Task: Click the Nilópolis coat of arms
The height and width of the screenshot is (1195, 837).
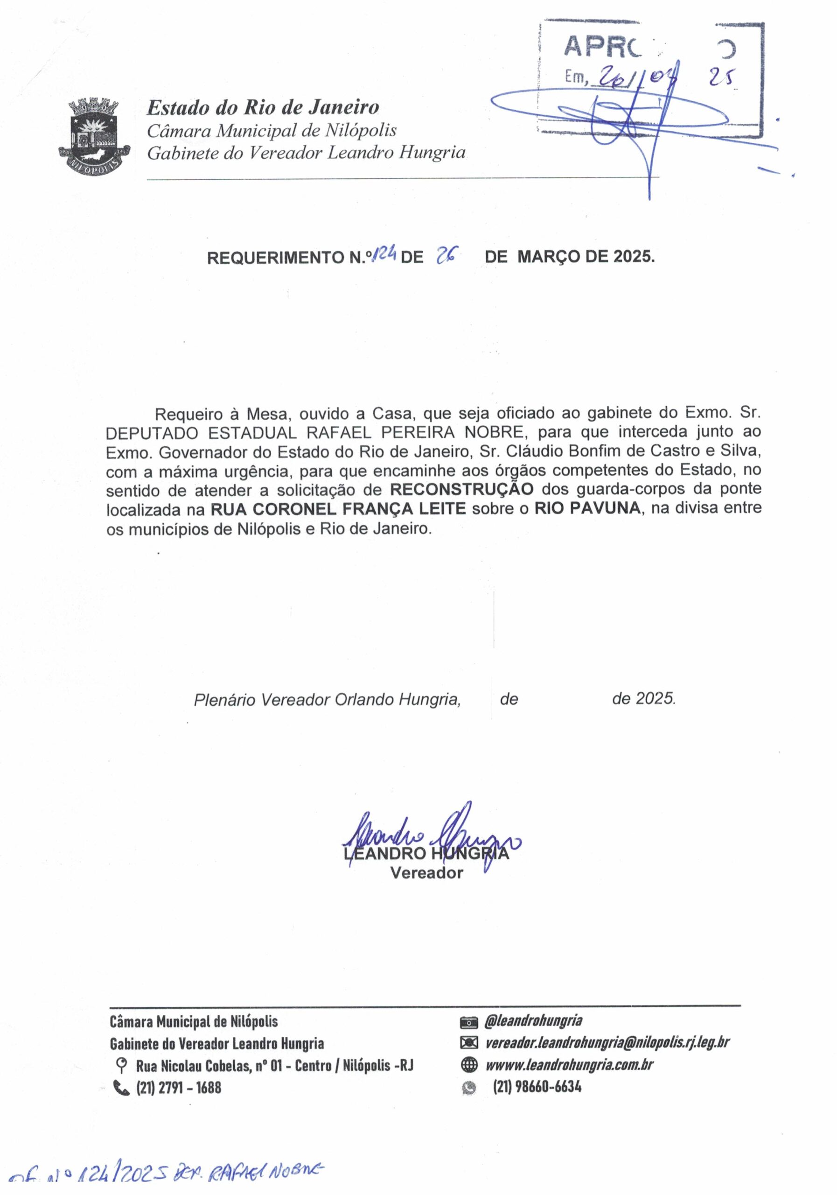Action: pos(94,137)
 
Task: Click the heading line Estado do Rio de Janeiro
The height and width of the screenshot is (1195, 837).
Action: pos(263,107)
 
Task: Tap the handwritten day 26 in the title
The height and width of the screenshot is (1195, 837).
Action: pos(446,256)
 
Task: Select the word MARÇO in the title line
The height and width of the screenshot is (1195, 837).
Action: pos(548,257)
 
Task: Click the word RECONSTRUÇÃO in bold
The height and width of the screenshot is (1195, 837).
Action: pos(461,489)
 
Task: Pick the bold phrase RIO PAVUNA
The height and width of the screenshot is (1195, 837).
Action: pos(587,508)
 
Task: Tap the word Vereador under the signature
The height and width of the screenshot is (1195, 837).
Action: pos(426,873)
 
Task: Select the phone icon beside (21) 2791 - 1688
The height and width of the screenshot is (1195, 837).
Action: pos(121,1088)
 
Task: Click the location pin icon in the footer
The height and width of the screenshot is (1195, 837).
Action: pos(121,1065)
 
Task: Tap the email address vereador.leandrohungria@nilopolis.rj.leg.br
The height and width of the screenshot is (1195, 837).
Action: pos(607,1042)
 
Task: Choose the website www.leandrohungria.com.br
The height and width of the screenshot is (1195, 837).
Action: pos(569,1065)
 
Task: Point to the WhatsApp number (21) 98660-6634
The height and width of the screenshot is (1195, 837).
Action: pos(537,1087)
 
